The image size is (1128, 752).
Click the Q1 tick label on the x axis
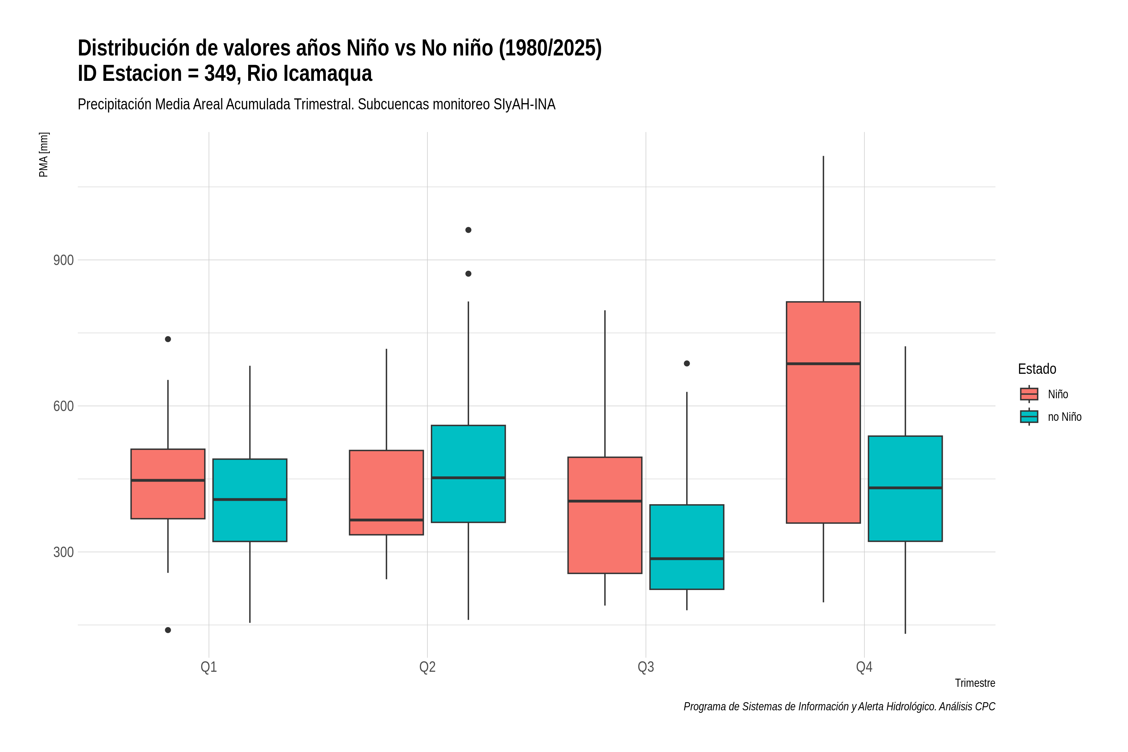point(209,667)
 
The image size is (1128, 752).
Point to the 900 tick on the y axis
point(63,260)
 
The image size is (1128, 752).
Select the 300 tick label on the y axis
point(63,552)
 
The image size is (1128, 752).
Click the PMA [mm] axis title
point(44,154)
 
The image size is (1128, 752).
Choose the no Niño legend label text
point(1065,417)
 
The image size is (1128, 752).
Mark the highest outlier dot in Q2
point(468,230)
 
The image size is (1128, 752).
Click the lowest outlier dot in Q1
point(168,630)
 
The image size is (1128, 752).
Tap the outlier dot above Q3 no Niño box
point(687,363)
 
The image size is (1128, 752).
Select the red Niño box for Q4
point(823,412)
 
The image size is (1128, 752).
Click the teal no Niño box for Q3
point(687,547)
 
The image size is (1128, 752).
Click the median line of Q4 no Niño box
point(905,488)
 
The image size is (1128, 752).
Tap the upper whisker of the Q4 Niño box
point(823,229)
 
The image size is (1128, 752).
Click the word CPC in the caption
point(985,707)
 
